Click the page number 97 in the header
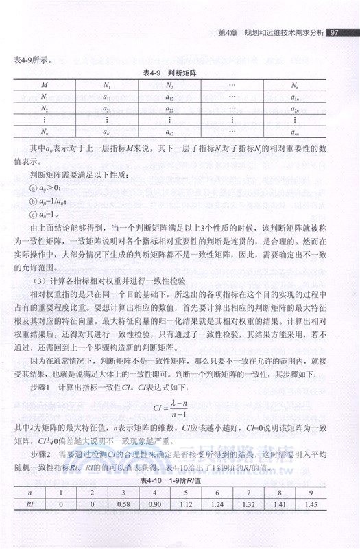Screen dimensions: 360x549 pyautogui.click(x=335, y=32)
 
